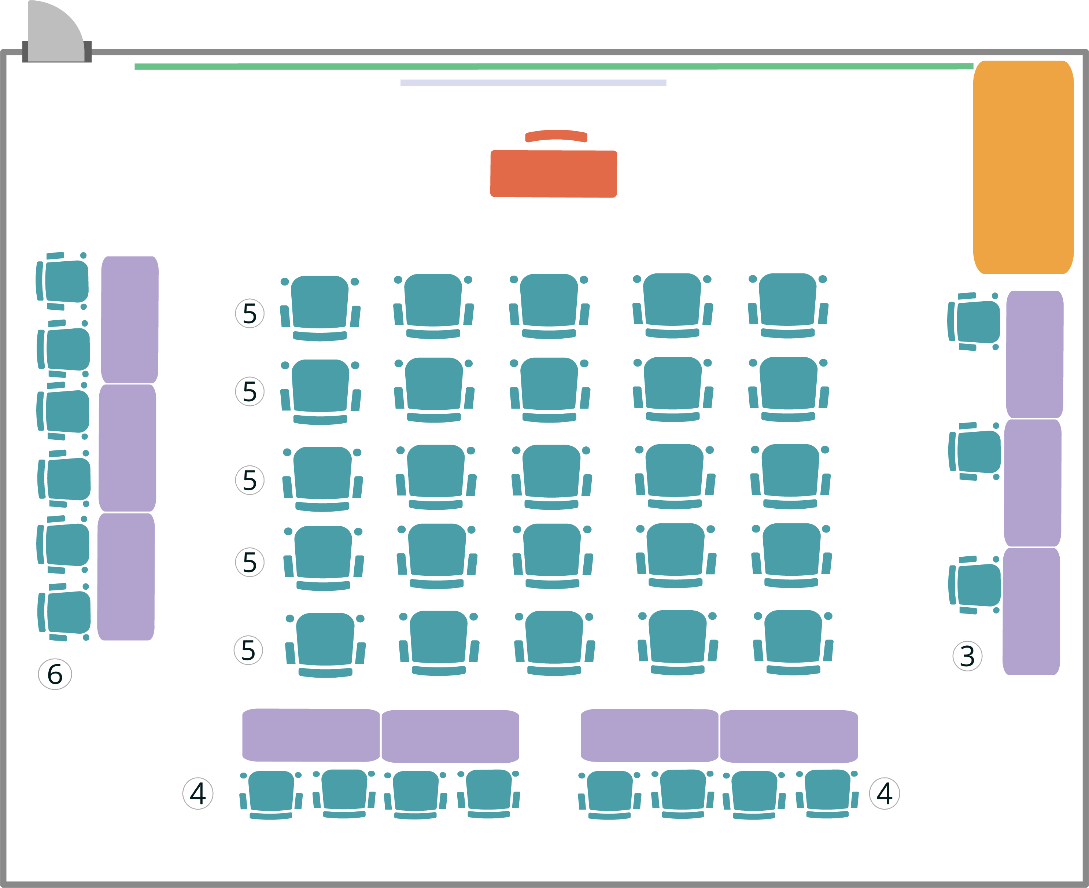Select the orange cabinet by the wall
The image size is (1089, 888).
pos(1023,167)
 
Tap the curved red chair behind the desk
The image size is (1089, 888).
pos(556,136)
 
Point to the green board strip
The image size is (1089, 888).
pos(553,66)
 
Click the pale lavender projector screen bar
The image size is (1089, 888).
pos(533,82)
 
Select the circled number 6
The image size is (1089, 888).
pos(55,674)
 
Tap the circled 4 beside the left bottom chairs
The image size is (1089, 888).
pos(198,793)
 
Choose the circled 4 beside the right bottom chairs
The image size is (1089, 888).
pos(885,793)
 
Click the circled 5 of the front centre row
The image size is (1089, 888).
pos(250,313)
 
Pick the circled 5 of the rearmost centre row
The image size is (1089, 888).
pos(248,650)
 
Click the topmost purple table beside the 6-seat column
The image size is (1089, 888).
pos(130,320)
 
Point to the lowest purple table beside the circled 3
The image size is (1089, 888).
pos(1031,611)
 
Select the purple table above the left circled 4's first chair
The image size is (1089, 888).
pos(310,735)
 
